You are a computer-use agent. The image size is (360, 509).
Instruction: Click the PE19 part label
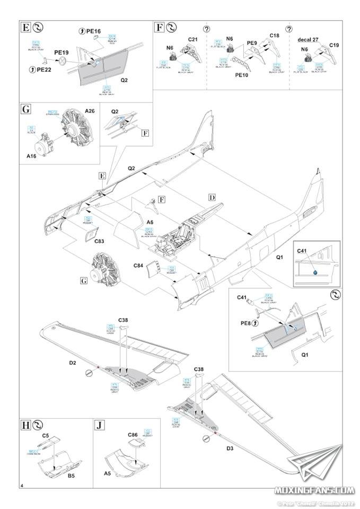(61, 54)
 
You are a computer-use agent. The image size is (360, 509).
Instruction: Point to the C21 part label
(192, 39)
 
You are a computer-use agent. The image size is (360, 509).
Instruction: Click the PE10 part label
(242, 76)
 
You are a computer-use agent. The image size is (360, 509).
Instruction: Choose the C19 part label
(334, 46)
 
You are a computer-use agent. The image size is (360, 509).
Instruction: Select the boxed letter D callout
(212, 197)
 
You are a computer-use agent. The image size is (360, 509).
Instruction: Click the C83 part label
(100, 242)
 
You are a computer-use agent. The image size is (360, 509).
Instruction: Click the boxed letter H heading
(25, 425)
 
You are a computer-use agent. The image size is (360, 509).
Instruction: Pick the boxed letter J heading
(99, 425)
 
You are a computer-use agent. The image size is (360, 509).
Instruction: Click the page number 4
(21, 486)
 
